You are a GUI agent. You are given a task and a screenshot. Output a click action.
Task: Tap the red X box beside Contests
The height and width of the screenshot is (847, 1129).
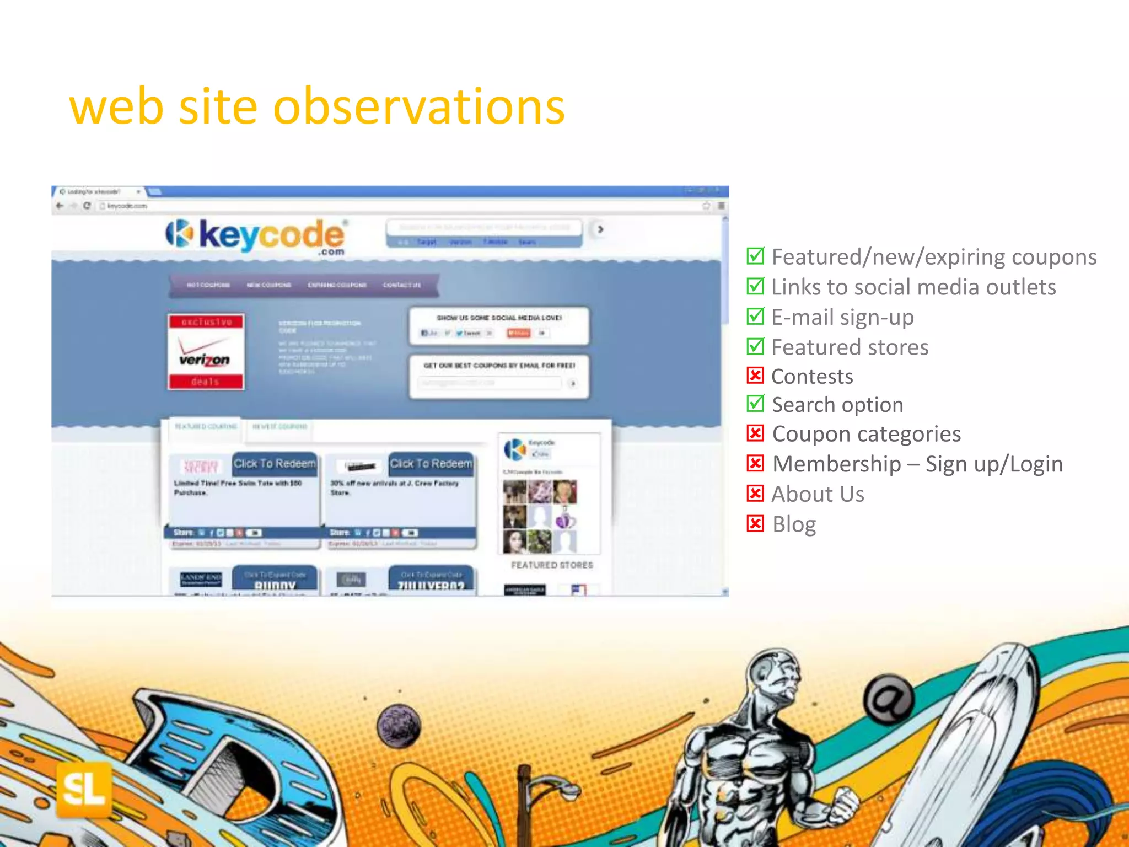point(755,376)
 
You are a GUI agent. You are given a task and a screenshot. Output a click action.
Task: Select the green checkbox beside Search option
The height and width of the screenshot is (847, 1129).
point(755,404)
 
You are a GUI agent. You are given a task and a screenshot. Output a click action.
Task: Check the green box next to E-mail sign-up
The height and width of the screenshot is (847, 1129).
point(755,316)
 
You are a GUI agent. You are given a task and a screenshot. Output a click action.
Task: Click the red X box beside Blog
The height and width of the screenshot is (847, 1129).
point(755,523)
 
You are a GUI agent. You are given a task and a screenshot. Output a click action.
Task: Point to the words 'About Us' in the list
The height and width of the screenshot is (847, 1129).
point(818,494)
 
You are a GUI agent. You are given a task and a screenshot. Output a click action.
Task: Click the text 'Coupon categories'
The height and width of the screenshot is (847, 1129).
point(866,434)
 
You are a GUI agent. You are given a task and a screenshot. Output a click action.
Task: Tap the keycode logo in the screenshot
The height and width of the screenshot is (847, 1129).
point(256,236)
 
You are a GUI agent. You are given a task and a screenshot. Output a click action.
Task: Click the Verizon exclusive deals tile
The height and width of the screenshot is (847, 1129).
point(206,352)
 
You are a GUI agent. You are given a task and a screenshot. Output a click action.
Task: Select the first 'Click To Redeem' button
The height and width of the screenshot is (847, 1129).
point(275,464)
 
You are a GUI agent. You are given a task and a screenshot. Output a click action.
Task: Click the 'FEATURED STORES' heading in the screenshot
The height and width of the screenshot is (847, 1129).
point(552,565)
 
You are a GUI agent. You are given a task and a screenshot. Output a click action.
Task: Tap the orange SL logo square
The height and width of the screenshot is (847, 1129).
point(84,789)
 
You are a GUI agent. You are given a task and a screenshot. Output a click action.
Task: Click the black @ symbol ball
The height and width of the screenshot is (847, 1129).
point(888,699)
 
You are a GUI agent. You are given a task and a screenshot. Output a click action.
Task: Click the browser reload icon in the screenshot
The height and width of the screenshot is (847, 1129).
point(87,206)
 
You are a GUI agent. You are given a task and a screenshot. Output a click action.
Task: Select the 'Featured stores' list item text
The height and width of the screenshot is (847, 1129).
point(850,347)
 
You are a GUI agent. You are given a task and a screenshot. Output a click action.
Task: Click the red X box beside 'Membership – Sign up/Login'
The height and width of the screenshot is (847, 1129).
point(755,463)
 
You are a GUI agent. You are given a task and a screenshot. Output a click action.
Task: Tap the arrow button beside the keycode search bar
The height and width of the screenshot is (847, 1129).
point(600,229)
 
